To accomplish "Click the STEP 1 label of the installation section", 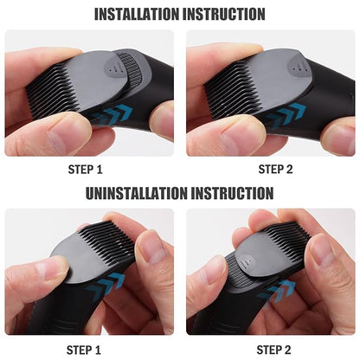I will click(89, 170).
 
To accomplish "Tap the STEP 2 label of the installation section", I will click(275, 170).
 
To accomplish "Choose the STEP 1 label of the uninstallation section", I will click(89, 350).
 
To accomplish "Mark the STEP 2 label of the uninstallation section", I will click(275, 350).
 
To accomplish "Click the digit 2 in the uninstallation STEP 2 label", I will click(288, 350).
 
